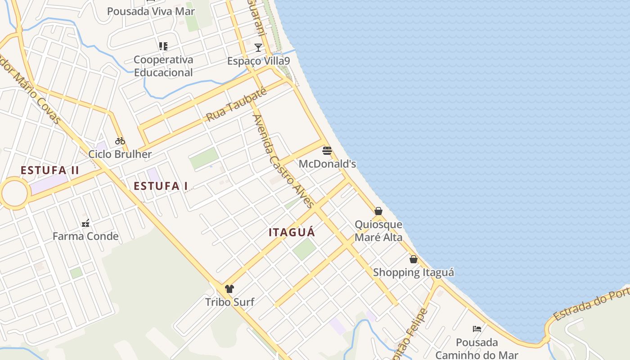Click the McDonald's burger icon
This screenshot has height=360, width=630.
(x=327, y=150)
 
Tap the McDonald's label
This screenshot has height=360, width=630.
(x=327, y=164)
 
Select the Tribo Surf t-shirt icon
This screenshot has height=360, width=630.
(x=229, y=289)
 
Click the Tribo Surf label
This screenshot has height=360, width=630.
(x=229, y=302)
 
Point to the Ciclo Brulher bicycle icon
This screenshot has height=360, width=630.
(x=120, y=141)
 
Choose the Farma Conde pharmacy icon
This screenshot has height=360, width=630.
(x=85, y=223)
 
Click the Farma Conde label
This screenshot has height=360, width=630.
(x=85, y=236)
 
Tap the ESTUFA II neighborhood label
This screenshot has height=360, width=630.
(x=50, y=170)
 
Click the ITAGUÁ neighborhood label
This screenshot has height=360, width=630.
(x=292, y=232)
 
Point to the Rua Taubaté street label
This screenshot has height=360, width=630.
(x=236, y=105)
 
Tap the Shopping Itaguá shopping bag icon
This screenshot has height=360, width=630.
(x=413, y=259)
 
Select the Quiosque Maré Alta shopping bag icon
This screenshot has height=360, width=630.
(x=378, y=211)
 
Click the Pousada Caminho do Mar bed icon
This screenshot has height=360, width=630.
(x=477, y=329)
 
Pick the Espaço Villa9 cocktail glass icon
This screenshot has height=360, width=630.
(x=258, y=47)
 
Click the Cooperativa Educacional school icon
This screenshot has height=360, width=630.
(x=163, y=46)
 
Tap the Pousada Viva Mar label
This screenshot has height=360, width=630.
(x=151, y=11)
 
